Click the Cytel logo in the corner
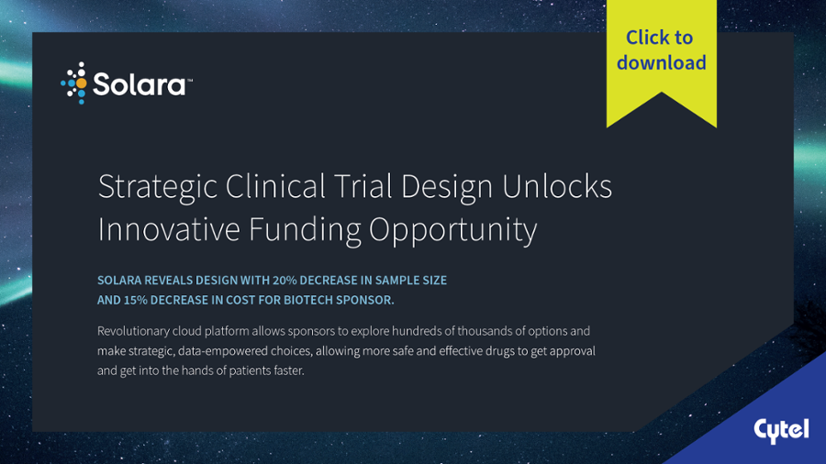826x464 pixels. tap(781, 431)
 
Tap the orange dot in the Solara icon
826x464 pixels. tap(81, 83)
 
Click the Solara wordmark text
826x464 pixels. tap(140, 84)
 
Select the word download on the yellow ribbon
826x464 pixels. tap(662, 62)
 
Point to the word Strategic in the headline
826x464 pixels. tap(158, 187)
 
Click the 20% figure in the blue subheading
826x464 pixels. tap(285, 281)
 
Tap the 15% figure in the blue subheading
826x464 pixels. tap(136, 301)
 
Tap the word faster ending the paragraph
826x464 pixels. tap(289, 370)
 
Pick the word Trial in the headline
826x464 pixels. tap(363, 186)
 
